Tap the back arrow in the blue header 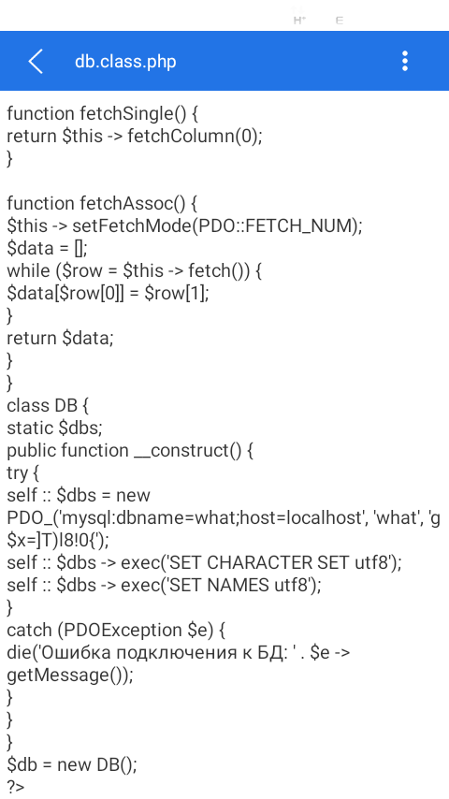coord(36,61)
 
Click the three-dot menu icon coord(405,61)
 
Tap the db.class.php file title coord(125,62)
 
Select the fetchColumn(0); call coord(195,136)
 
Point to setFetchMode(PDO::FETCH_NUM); coord(218,225)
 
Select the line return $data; coord(60,338)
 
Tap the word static coord(30,428)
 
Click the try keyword coord(18,473)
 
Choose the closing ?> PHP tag coord(16,787)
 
